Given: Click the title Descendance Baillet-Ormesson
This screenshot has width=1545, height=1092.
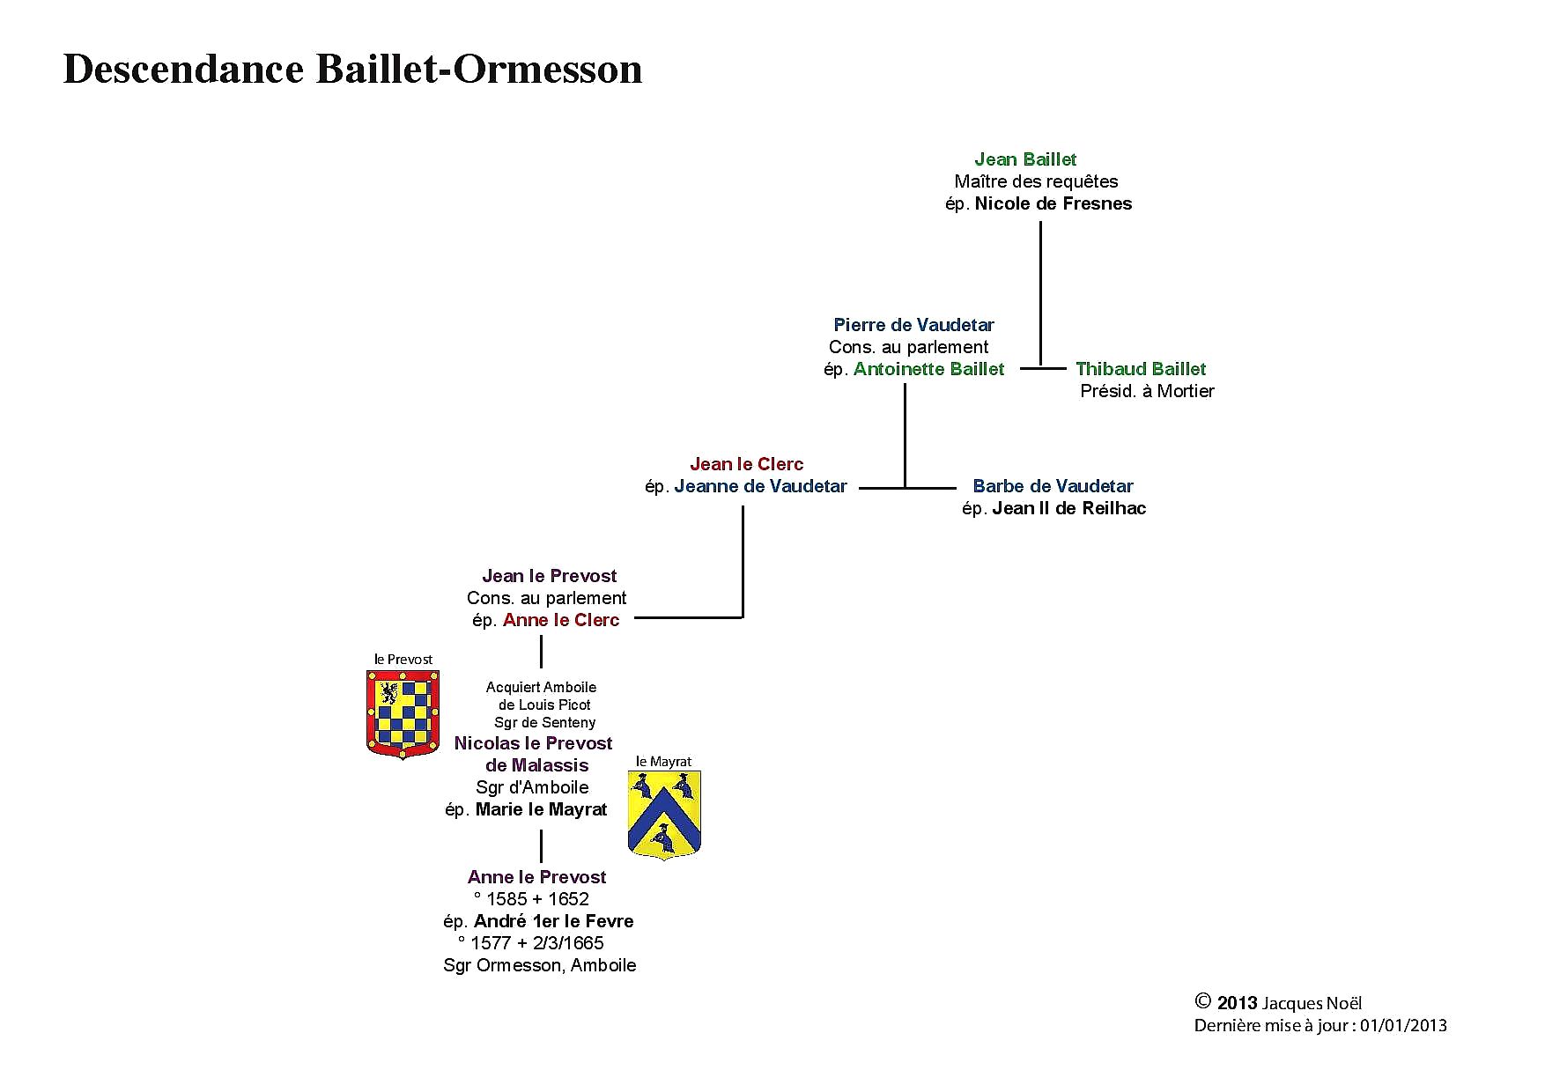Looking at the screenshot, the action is tap(352, 70).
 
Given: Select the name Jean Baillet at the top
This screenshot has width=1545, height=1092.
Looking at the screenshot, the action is tap(1025, 159).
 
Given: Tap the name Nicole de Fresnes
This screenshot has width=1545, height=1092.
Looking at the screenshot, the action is tap(1053, 203).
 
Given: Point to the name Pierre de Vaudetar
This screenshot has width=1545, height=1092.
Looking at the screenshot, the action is tap(913, 325).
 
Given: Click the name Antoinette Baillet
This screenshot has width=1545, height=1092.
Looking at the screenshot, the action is tap(928, 369).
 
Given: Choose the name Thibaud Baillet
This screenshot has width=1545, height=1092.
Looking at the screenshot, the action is tap(1141, 369).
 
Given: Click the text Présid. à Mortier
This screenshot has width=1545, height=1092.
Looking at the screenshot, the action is tap(1147, 391).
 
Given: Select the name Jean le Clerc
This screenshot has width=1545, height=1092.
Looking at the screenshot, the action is tap(747, 464).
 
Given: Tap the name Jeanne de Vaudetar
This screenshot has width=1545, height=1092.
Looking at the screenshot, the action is tap(761, 486).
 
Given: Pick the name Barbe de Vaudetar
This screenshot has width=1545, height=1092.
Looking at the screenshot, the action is tap(1053, 486).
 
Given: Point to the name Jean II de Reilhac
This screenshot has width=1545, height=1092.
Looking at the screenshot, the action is tap(1069, 508).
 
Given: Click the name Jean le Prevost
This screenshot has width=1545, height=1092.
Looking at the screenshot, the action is tap(550, 576).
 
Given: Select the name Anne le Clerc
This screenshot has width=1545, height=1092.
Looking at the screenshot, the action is tap(561, 620).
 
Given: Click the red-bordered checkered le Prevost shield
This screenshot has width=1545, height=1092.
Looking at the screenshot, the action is tap(403, 714).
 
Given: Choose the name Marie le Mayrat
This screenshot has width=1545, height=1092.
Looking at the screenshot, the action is tap(541, 809).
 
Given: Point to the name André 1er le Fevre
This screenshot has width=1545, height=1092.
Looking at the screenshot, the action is tap(553, 921).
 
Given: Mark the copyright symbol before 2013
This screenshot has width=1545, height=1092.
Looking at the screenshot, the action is tap(1203, 1000).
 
